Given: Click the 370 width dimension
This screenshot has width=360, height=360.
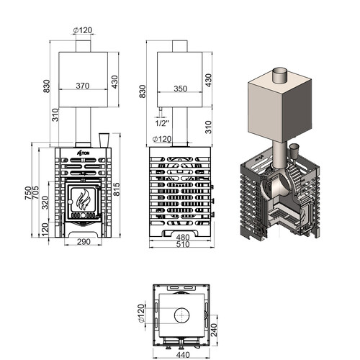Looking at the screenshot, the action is [83, 86].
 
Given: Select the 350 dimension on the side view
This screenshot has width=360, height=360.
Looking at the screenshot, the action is [180, 89].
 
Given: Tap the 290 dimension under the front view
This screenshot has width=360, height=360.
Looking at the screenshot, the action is [84, 241].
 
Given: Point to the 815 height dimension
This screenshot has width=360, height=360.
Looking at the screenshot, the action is [117, 189].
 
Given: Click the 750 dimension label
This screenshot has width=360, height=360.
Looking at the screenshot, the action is [28, 193].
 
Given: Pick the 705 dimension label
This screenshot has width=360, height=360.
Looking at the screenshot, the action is [35, 192].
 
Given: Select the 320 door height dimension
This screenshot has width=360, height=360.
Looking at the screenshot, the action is [45, 202].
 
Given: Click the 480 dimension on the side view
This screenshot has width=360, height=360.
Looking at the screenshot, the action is [183, 238].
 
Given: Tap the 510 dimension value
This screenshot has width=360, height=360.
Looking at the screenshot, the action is [183, 244].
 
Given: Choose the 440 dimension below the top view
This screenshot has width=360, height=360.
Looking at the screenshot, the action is [183, 354].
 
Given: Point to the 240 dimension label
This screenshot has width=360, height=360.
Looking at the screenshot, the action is [214, 330].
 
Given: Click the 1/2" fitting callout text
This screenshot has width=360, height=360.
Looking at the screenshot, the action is [162, 123].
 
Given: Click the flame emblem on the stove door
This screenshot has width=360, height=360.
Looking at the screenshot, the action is [83, 199].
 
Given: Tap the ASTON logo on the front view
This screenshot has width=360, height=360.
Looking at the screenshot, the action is [83, 153].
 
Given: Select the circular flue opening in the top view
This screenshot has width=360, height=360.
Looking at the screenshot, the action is [181, 315].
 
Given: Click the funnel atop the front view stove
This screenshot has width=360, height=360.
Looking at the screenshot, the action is [104, 140].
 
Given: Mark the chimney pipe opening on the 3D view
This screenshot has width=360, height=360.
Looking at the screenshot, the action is [280, 71].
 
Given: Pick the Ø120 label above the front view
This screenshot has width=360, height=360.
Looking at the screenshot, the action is [83, 30].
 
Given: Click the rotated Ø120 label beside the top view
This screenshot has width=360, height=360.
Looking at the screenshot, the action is [141, 313].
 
